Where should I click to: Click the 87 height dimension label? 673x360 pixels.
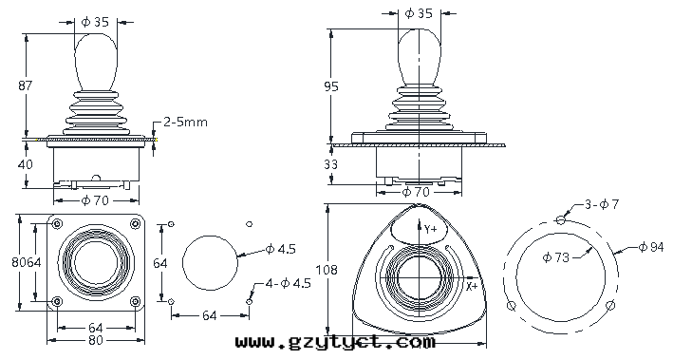(25, 85)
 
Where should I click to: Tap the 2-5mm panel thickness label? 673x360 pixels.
(185, 122)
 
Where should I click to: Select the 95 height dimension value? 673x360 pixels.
(331, 86)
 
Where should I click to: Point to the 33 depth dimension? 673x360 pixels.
(330, 164)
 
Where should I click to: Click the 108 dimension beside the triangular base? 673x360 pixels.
(327, 270)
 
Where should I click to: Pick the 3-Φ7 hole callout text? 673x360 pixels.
(602, 204)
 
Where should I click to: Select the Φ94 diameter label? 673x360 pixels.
(651, 247)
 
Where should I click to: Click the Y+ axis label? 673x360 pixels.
(431, 229)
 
